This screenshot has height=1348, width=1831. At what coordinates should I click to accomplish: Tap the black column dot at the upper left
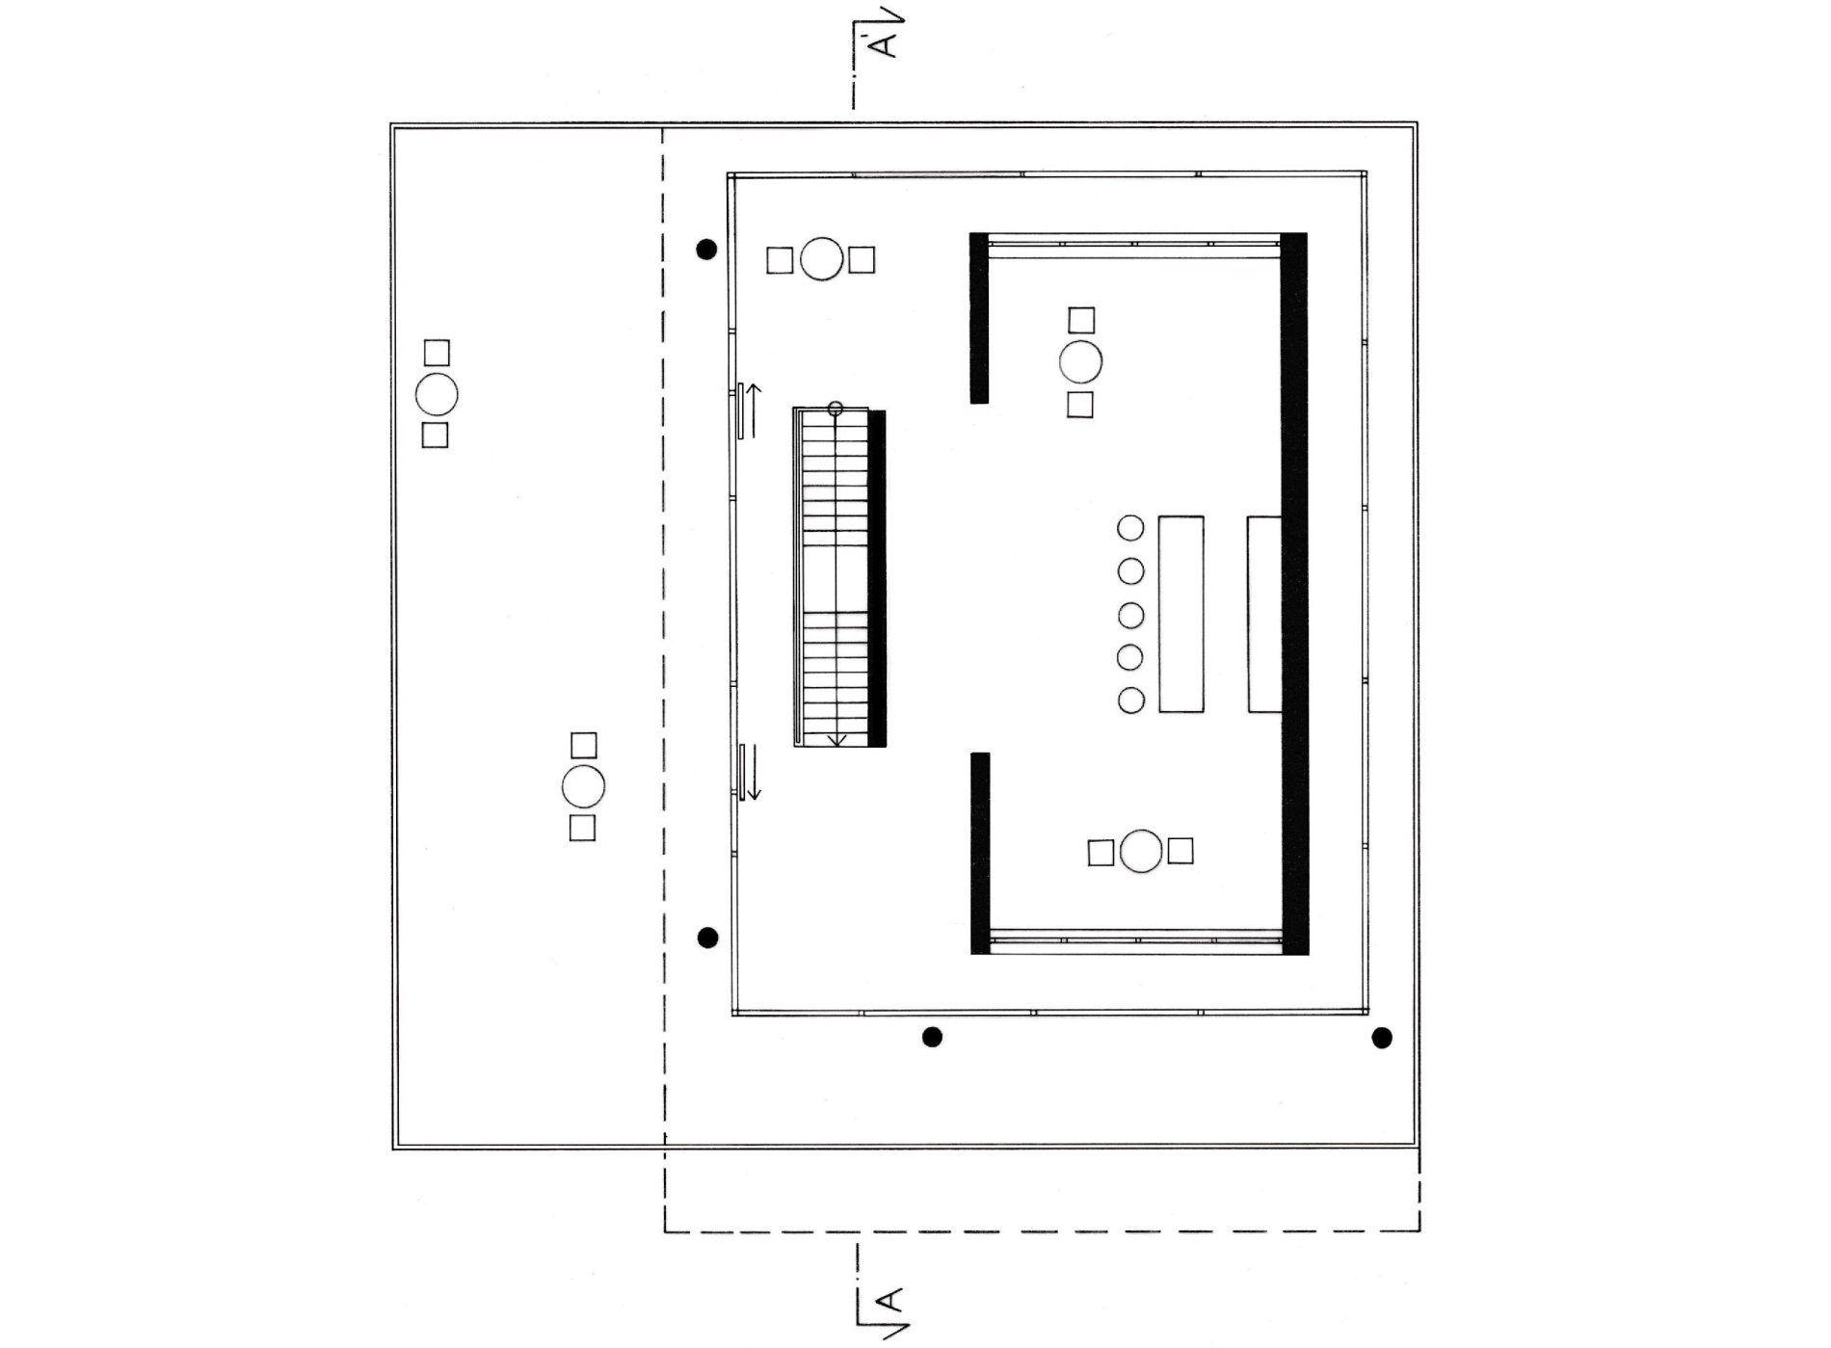pos(706,250)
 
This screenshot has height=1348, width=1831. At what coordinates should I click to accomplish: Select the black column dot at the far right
pos(1382,1038)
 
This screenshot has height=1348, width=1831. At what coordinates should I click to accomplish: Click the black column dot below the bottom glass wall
pos(932,1037)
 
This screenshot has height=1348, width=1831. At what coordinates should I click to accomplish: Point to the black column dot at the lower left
pos(707,938)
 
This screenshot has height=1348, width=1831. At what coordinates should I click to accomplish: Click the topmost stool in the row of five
pos(1130,528)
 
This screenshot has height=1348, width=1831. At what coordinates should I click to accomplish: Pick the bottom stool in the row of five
pos(1130,700)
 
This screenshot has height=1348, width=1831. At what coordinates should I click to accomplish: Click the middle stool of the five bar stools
pos(1130,615)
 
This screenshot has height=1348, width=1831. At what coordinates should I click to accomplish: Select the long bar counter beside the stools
pos(1181,614)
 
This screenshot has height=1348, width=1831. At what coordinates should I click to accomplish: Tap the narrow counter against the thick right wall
pos(1264,614)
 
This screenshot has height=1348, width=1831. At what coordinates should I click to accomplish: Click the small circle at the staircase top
pos(836,409)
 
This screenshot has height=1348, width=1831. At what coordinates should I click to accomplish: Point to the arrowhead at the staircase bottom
pos(837,739)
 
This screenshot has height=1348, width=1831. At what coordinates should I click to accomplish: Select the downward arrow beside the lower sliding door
pos(754,772)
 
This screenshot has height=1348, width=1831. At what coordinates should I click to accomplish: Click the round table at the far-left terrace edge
pos(436,394)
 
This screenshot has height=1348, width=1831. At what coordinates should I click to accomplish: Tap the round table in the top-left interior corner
pos(822,259)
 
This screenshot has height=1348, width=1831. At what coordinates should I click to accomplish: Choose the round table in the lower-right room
pos(1142,852)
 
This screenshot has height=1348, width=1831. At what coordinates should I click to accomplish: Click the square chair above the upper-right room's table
pos(1081,320)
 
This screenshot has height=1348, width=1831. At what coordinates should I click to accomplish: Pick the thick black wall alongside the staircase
pos(877,578)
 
